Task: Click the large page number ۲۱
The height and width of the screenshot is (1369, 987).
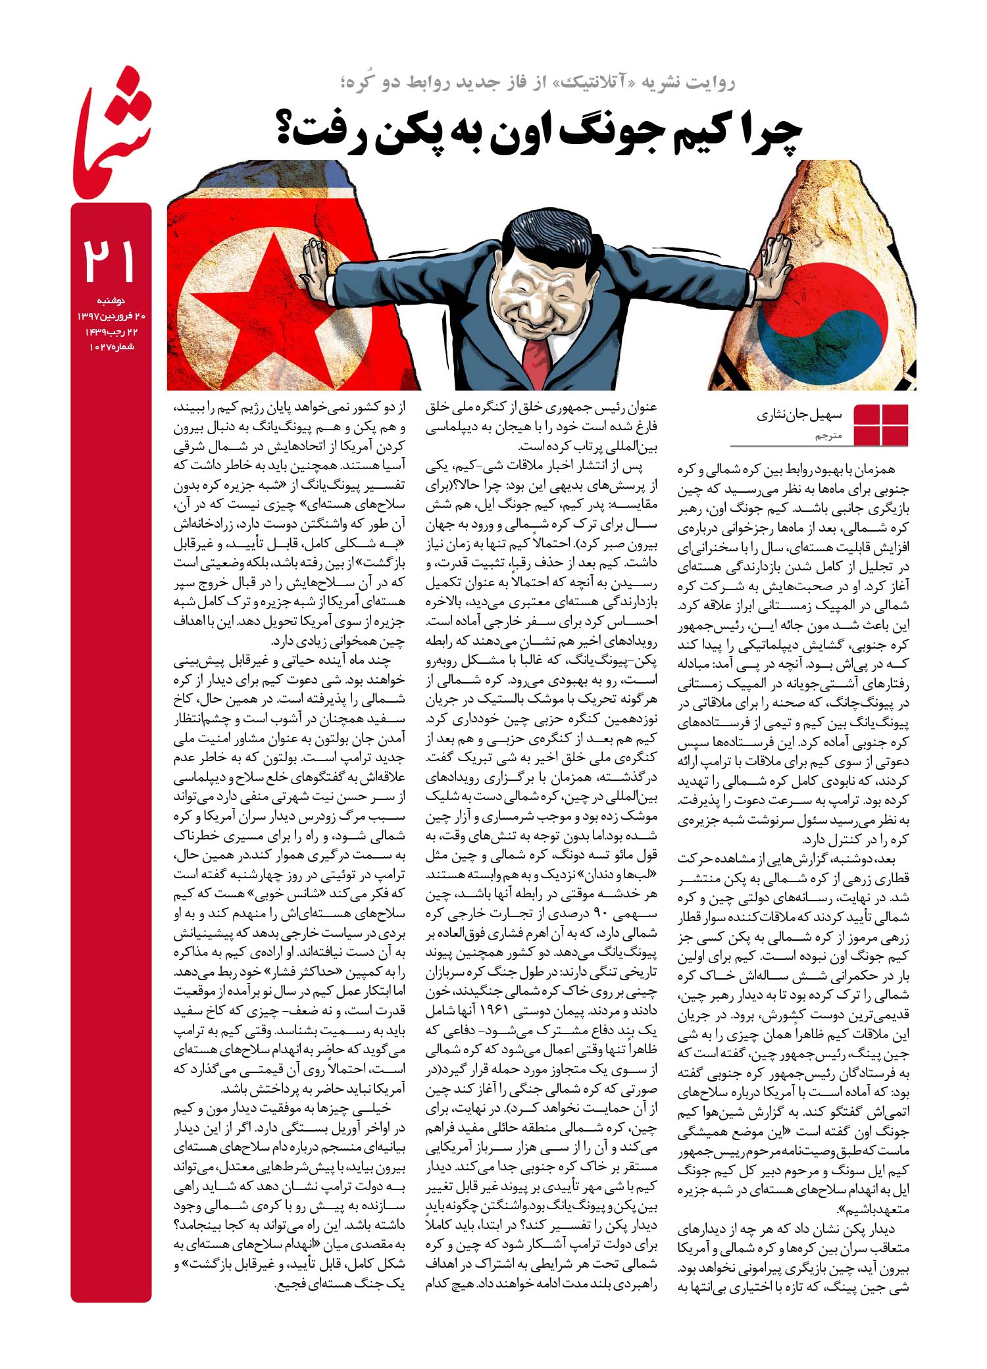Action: click(x=110, y=261)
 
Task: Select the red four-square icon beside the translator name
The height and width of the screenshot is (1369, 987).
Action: click(x=880, y=425)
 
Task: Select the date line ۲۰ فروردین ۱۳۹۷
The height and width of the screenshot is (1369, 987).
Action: click(x=111, y=316)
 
